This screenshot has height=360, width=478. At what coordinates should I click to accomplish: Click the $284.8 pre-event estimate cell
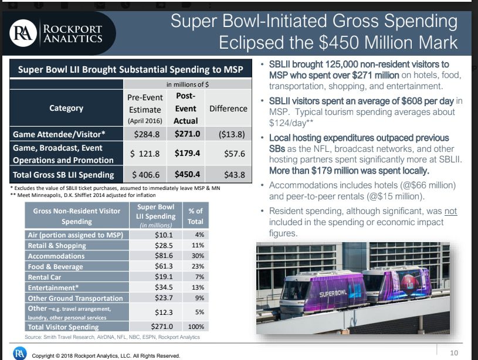pyautogui.click(x=144, y=134)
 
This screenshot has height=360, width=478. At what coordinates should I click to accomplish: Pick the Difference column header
pyautogui.click(x=228, y=109)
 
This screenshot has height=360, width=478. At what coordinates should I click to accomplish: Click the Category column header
pyautogui.click(x=66, y=108)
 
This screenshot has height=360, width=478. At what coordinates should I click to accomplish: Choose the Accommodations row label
pyautogui.click(x=56, y=256)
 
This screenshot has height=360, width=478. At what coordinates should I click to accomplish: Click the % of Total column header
pyautogui.click(x=195, y=217)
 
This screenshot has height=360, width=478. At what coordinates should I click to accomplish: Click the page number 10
pyautogui.click(x=454, y=352)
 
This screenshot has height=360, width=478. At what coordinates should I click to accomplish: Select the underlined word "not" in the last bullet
pyautogui.click(x=450, y=211)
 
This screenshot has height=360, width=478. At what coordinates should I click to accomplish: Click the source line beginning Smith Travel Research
pyautogui.click(x=112, y=337)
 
